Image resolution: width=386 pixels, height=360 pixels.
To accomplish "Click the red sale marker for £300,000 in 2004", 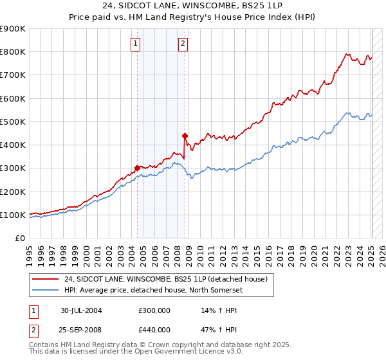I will (x=137, y=168).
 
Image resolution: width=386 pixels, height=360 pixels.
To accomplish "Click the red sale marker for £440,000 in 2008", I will (x=185, y=136).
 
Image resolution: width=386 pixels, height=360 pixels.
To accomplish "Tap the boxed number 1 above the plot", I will (x=136, y=44).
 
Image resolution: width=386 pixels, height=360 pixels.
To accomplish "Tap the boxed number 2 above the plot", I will (x=183, y=44).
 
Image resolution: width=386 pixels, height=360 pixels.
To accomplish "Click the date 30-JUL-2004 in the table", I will (x=81, y=310).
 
